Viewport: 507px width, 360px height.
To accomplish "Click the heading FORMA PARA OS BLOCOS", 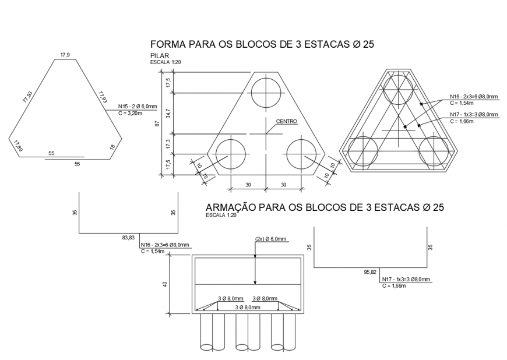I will (262, 44).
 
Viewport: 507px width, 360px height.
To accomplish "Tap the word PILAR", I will (159, 55).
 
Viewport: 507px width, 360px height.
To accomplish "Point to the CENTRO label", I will (287, 121).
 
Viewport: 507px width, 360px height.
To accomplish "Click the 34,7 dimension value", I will (168, 113).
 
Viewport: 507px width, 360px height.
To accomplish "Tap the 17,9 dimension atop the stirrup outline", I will (65, 55).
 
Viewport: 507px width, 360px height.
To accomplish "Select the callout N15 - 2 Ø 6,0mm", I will (137, 107).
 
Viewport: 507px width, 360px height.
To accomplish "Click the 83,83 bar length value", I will (128, 238).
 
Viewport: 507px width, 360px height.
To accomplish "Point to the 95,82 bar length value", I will (369, 272).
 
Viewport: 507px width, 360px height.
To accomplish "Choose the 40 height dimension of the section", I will (165, 284).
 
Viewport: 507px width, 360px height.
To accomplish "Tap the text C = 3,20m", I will (130, 113).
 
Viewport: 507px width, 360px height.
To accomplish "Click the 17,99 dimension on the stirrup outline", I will (17, 146).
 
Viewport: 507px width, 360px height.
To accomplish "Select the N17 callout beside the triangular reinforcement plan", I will (474, 115).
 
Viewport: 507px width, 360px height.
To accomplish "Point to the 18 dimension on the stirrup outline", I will (112, 147).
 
